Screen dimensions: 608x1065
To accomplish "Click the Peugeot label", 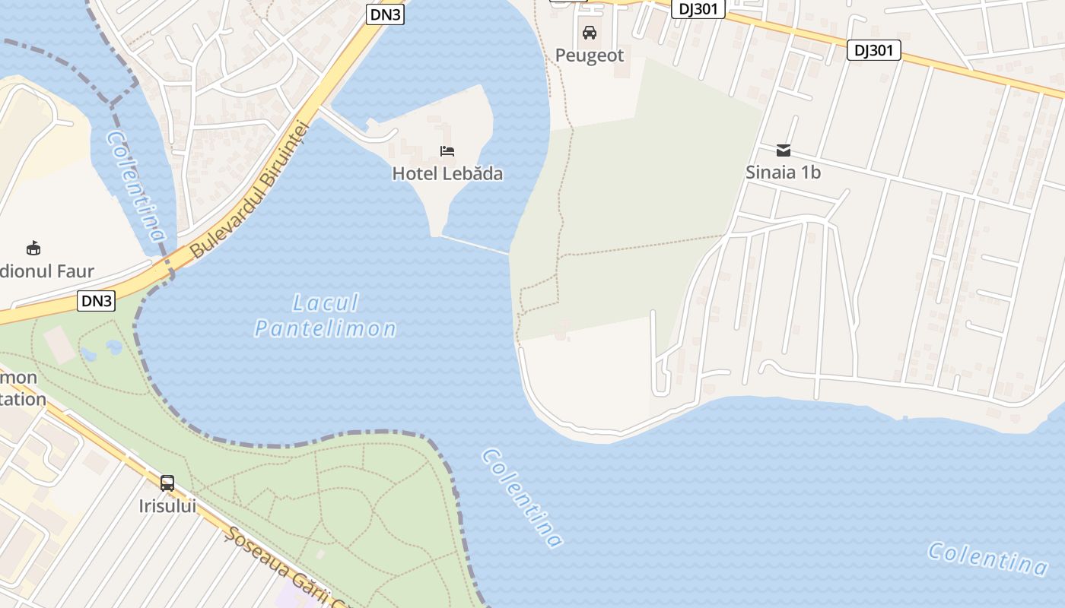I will pyautogui.click(x=589, y=55).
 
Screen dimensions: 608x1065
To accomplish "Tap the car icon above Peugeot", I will pyautogui.click(x=589, y=33).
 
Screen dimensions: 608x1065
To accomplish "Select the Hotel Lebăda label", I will pyautogui.click(x=447, y=174).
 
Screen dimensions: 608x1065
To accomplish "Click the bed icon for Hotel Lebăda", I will pyautogui.click(x=447, y=151).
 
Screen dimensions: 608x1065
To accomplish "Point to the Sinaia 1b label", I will pyautogui.click(x=783, y=173).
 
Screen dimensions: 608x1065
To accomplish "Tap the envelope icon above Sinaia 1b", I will pyautogui.click(x=783, y=150).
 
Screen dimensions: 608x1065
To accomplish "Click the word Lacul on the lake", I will pyautogui.click(x=326, y=303).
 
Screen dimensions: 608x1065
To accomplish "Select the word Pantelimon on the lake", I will pyautogui.click(x=326, y=328).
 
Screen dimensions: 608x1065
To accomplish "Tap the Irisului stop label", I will pyautogui.click(x=167, y=505).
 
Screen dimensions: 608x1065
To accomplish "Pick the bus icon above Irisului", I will pyautogui.click(x=167, y=483).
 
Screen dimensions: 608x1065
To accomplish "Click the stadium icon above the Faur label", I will pyautogui.click(x=33, y=248).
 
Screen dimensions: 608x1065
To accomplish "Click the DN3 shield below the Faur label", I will pyautogui.click(x=97, y=301).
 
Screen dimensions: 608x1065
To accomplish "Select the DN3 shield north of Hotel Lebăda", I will pyautogui.click(x=385, y=14).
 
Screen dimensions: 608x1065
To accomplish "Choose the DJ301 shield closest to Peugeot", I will pyautogui.click(x=698, y=9).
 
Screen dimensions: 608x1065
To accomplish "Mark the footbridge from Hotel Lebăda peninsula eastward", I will pyautogui.click(x=475, y=244).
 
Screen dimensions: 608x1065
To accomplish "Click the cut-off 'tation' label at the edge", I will pyautogui.click(x=23, y=400).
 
